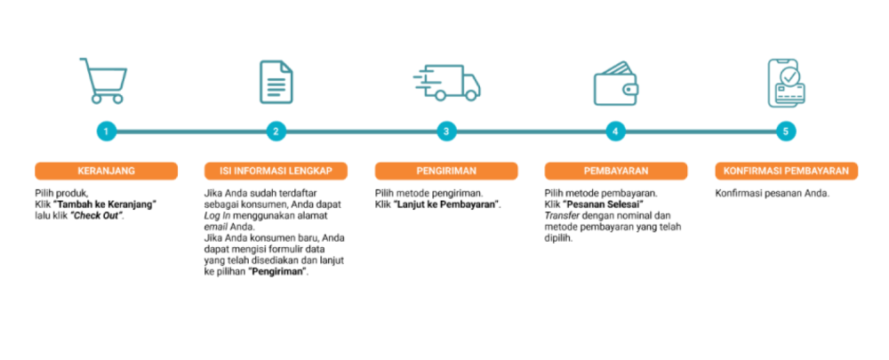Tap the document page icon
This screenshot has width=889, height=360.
point(276,82)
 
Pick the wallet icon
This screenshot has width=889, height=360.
point(616,84)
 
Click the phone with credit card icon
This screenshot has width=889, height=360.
point(786,83)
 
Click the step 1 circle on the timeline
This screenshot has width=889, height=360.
point(106,132)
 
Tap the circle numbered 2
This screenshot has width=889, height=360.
point(276,132)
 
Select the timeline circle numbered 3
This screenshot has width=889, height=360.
point(446,132)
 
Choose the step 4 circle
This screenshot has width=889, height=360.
point(615,132)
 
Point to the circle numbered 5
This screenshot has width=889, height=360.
point(785,132)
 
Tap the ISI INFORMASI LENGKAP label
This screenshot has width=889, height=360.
point(276,171)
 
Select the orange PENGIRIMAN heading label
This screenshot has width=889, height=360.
point(446,171)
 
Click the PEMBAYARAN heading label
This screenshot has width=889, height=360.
point(615,171)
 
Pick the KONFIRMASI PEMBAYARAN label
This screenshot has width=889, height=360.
point(786,171)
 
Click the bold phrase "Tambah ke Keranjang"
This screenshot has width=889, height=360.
point(105,204)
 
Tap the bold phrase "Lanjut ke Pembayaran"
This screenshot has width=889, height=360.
point(447,204)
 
